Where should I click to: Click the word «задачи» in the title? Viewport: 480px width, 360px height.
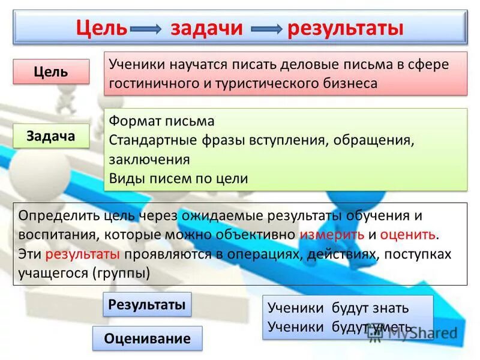207,29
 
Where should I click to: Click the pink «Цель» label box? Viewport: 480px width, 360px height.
51,72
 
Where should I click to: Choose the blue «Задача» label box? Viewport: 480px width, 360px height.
51,136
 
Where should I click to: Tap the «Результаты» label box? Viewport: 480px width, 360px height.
146,305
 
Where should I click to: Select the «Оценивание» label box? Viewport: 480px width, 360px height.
147,338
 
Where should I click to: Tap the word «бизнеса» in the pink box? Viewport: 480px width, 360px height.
347,83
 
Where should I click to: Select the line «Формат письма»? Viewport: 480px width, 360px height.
161,121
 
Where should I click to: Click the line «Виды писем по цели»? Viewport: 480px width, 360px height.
178,179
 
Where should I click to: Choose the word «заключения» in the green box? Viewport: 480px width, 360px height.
149,160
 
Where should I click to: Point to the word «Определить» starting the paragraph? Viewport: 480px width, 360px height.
52,215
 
